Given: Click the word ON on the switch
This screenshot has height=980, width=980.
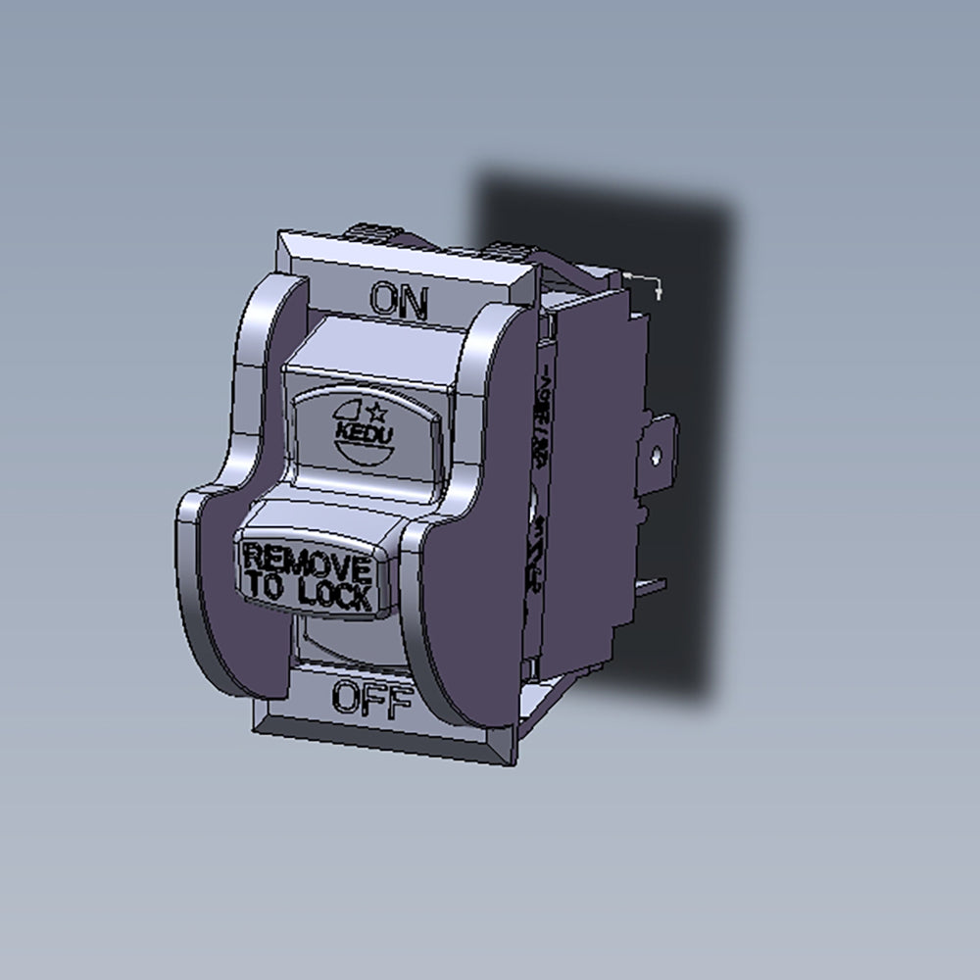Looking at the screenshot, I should [x=399, y=301].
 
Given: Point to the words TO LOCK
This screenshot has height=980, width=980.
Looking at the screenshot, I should [x=307, y=591].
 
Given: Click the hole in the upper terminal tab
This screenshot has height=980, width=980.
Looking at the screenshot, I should [x=657, y=453].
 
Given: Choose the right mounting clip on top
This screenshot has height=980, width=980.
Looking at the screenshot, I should [x=510, y=249].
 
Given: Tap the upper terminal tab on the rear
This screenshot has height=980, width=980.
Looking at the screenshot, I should [x=659, y=446].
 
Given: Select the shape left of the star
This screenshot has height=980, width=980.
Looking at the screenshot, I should [x=352, y=412].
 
